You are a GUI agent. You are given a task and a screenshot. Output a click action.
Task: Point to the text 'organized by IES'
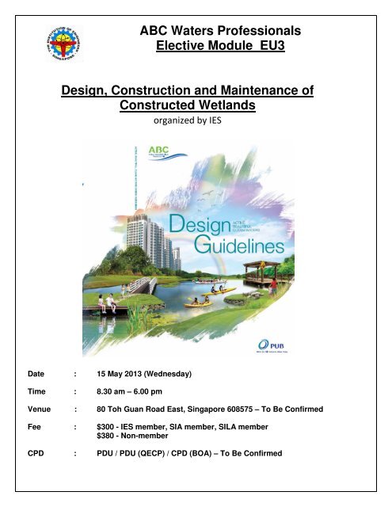click(x=188, y=123)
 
